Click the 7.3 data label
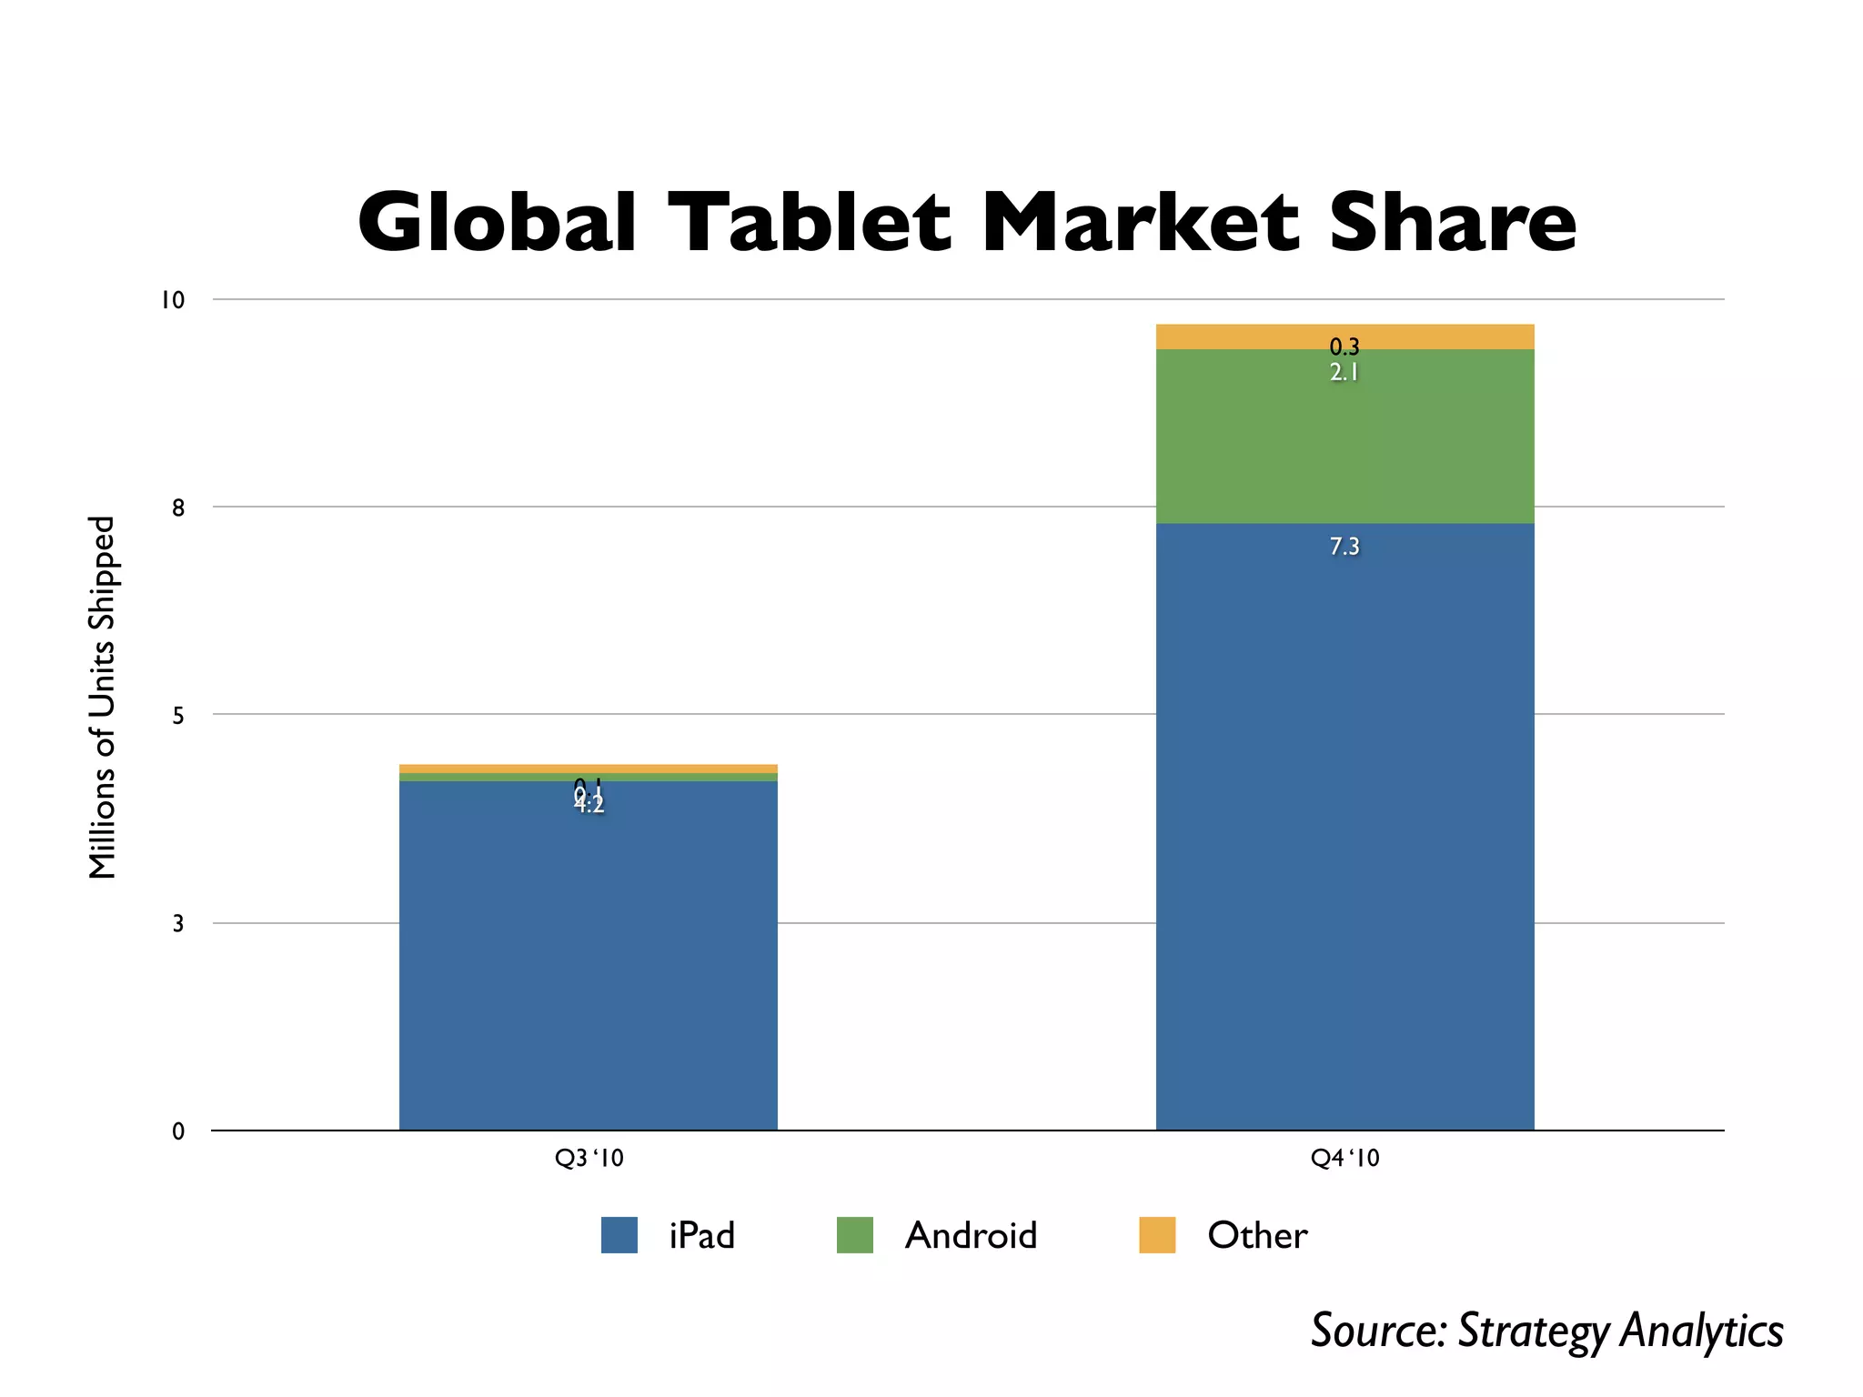1344,547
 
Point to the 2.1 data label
1344,372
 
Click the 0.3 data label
1344,347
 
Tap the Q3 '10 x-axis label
589,1158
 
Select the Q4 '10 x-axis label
1344,1158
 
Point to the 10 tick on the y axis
172,300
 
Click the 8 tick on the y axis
178,508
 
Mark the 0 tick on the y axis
178,1131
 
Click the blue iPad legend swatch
619,1235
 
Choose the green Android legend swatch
854,1235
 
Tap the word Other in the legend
1257,1235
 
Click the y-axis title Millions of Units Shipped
103,698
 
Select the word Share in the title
1452,223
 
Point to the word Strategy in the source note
1534,1332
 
